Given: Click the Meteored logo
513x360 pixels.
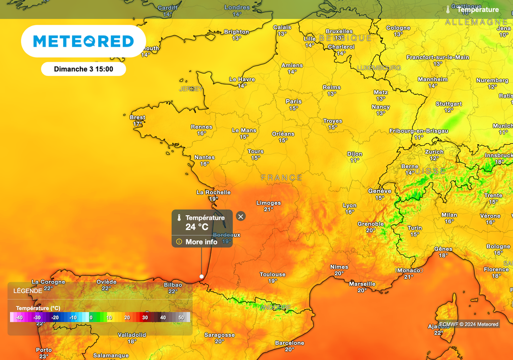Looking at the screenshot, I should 83,41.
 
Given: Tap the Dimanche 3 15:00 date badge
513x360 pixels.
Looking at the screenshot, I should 83,69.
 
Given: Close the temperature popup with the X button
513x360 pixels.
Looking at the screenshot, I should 241,216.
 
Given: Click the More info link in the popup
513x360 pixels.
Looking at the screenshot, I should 201,242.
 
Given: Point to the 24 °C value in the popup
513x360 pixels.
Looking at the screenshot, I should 197,227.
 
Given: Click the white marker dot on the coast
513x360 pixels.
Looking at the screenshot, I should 201,276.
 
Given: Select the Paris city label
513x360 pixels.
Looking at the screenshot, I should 294,102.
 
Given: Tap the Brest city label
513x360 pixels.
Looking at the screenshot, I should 137,118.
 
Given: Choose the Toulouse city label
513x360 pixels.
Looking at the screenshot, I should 273,274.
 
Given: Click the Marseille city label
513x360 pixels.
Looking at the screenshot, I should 362,284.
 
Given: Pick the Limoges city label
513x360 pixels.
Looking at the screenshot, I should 269,203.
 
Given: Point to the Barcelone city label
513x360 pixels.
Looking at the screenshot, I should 290,343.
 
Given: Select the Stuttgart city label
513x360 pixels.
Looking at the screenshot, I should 448,104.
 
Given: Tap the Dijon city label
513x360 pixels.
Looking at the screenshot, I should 355,154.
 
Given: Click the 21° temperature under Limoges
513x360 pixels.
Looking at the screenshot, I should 269,209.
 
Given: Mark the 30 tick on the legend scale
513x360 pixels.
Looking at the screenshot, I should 145,317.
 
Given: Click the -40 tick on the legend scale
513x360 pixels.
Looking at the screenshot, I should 19,317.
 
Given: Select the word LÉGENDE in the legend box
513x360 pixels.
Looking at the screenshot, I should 28,291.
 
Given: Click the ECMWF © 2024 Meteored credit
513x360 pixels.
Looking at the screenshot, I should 468,324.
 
